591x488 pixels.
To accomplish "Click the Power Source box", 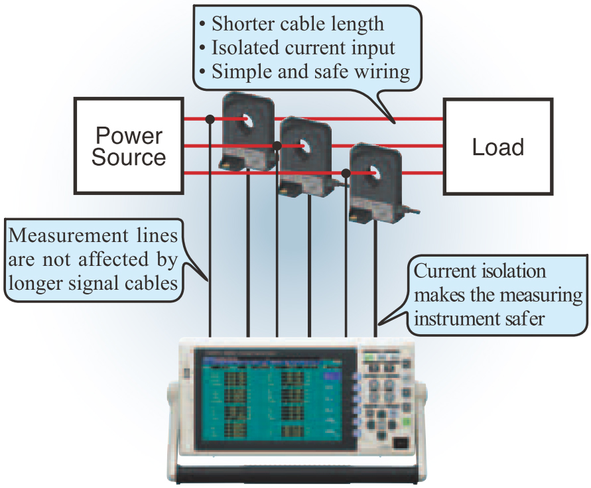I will [x=129, y=147].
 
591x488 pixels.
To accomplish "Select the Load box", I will [x=497, y=147].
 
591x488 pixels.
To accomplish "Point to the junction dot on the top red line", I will [x=210, y=119].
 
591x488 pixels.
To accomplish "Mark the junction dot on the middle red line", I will [x=277, y=145].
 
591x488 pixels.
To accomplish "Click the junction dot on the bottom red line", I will [x=346, y=172].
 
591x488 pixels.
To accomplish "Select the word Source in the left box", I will [x=129, y=158].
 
